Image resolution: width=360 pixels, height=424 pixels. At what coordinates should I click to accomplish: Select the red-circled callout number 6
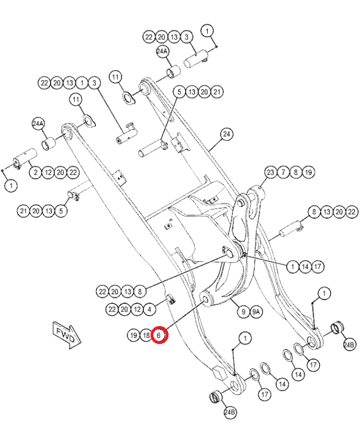(159, 335)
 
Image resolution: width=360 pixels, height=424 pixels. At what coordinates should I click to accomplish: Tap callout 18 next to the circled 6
(146, 335)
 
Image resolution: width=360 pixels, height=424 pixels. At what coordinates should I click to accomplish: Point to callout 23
(271, 172)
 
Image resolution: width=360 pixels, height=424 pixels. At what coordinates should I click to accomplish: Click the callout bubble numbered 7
(283, 172)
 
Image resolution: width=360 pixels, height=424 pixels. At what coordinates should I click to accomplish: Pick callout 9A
(256, 312)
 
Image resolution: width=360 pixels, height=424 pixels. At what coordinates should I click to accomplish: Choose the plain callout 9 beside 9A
(243, 312)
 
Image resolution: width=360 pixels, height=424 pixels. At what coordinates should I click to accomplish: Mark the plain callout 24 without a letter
(226, 134)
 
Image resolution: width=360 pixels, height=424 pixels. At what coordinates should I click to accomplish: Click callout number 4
(149, 309)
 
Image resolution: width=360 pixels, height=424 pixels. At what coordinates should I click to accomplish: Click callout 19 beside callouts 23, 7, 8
(308, 172)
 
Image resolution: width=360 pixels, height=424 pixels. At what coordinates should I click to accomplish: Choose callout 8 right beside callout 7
(296, 172)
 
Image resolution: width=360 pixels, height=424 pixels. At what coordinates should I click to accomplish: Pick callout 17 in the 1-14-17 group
(317, 267)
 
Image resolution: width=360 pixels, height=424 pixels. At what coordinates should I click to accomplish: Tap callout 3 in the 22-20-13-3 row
(187, 37)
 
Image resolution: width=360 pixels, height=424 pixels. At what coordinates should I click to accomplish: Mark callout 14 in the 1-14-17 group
(305, 267)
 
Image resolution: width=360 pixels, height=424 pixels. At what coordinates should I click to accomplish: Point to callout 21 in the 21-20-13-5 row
(23, 211)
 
